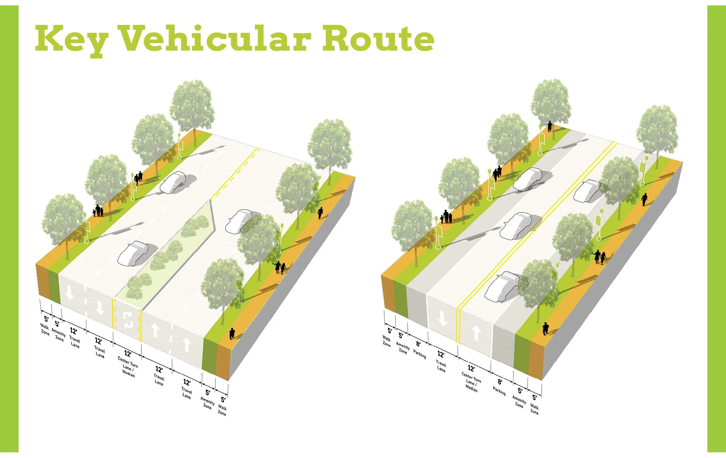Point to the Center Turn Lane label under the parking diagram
click(471, 381)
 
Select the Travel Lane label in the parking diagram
click(441, 366)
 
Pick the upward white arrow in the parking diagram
click(476, 332)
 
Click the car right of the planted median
click(239, 221)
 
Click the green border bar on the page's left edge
click(9, 229)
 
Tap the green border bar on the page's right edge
click(716, 229)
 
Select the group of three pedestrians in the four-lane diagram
click(98, 211)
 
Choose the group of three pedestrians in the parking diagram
click(446, 217)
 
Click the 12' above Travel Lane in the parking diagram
click(441, 354)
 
